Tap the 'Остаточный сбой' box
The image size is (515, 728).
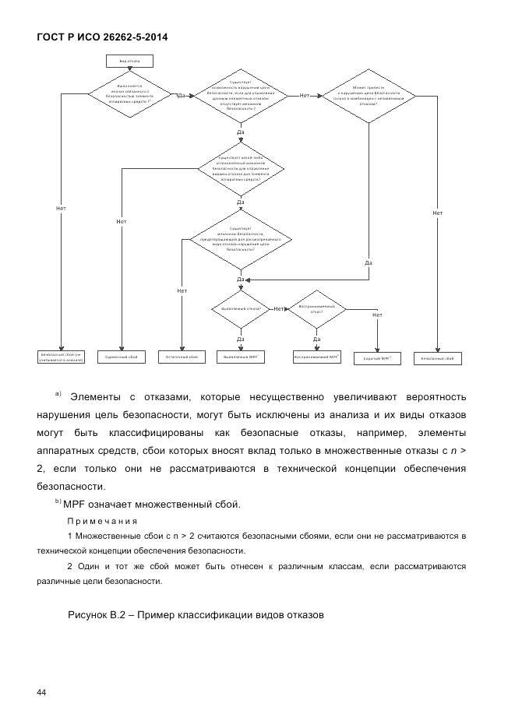pyautogui.click(x=182, y=357)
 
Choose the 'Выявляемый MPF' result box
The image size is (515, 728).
pyautogui.click(x=240, y=357)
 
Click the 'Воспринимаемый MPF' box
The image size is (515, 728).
pyautogui.click(x=317, y=357)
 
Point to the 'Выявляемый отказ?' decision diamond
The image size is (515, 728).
pyautogui.click(x=240, y=309)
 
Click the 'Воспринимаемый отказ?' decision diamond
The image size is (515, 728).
pyautogui.click(x=317, y=309)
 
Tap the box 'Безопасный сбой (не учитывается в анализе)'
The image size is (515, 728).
pyautogui.click(x=62, y=357)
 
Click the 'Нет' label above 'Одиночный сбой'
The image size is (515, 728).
pyautogui.click(x=122, y=222)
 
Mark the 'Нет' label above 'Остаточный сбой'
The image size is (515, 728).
pyautogui.click(x=182, y=290)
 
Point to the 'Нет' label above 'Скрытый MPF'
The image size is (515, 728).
pyautogui.click(x=377, y=315)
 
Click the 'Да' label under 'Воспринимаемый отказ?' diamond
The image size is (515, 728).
pyautogui.click(x=317, y=339)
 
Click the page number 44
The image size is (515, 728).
pyautogui.click(x=42, y=692)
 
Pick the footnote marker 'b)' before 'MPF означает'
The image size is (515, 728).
pyautogui.click(x=59, y=501)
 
